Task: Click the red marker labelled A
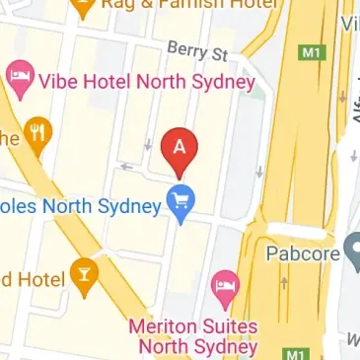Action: (179, 150)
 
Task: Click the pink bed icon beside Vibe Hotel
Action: (17, 78)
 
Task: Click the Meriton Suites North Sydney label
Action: (193, 336)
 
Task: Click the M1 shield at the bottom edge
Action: (292, 353)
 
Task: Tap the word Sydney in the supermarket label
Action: (131, 206)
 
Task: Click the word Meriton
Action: (162, 326)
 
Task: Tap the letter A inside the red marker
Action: (179, 146)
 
